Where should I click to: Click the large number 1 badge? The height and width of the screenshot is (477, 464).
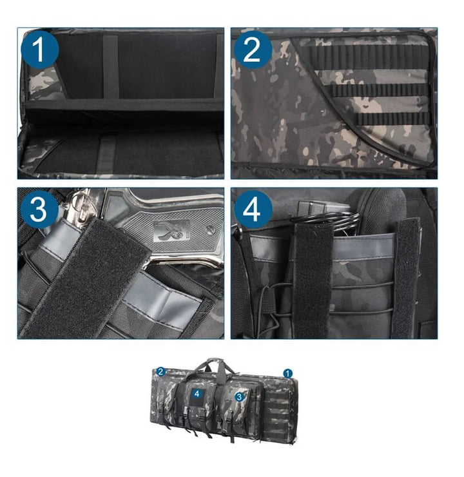click(40, 50)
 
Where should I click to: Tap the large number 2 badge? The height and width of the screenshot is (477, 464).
click(253, 50)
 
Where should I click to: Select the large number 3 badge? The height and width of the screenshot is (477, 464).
click(39, 209)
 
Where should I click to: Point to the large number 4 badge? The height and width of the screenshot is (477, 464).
click(253, 209)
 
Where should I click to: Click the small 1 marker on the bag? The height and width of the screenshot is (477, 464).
click(287, 373)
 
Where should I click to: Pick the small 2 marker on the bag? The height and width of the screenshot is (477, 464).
click(161, 372)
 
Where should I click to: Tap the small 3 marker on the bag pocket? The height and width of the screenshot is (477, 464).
click(240, 396)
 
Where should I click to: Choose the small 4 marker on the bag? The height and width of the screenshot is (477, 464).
click(197, 394)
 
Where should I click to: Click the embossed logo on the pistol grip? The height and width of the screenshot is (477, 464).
click(171, 231)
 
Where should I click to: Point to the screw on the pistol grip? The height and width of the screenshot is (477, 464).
click(210, 229)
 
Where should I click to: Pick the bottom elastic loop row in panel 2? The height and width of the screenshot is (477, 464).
click(393, 119)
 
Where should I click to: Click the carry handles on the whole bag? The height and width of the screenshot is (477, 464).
click(217, 367)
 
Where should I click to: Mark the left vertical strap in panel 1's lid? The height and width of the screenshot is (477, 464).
click(111, 66)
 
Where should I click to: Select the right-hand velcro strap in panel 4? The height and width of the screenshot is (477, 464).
click(406, 278)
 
